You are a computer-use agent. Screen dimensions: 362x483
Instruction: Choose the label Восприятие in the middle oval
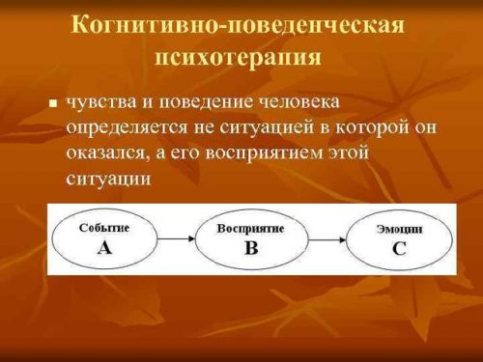coord(251,229)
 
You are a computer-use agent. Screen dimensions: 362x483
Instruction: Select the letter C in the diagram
coord(399,248)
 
